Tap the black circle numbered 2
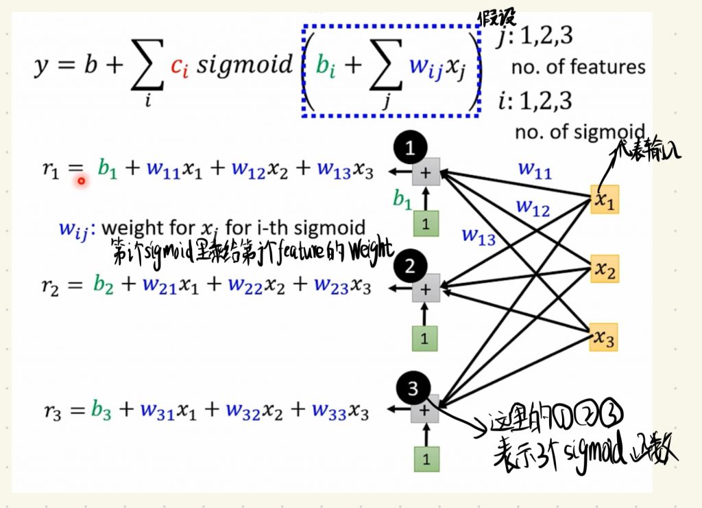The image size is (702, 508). [x=410, y=267]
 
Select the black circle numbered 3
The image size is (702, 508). [x=412, y=389]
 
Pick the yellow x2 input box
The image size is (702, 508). [x=604, y=270]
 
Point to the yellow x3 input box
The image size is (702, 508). [x=603, y=337]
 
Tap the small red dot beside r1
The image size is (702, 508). [x=82, y=181]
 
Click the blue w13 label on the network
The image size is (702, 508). [x=479, y=235]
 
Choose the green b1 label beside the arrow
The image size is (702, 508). [x=402, y=199]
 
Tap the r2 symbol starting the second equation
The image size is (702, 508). [x=53, y=286]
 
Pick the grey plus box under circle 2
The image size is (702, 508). [x=425, y=290]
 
